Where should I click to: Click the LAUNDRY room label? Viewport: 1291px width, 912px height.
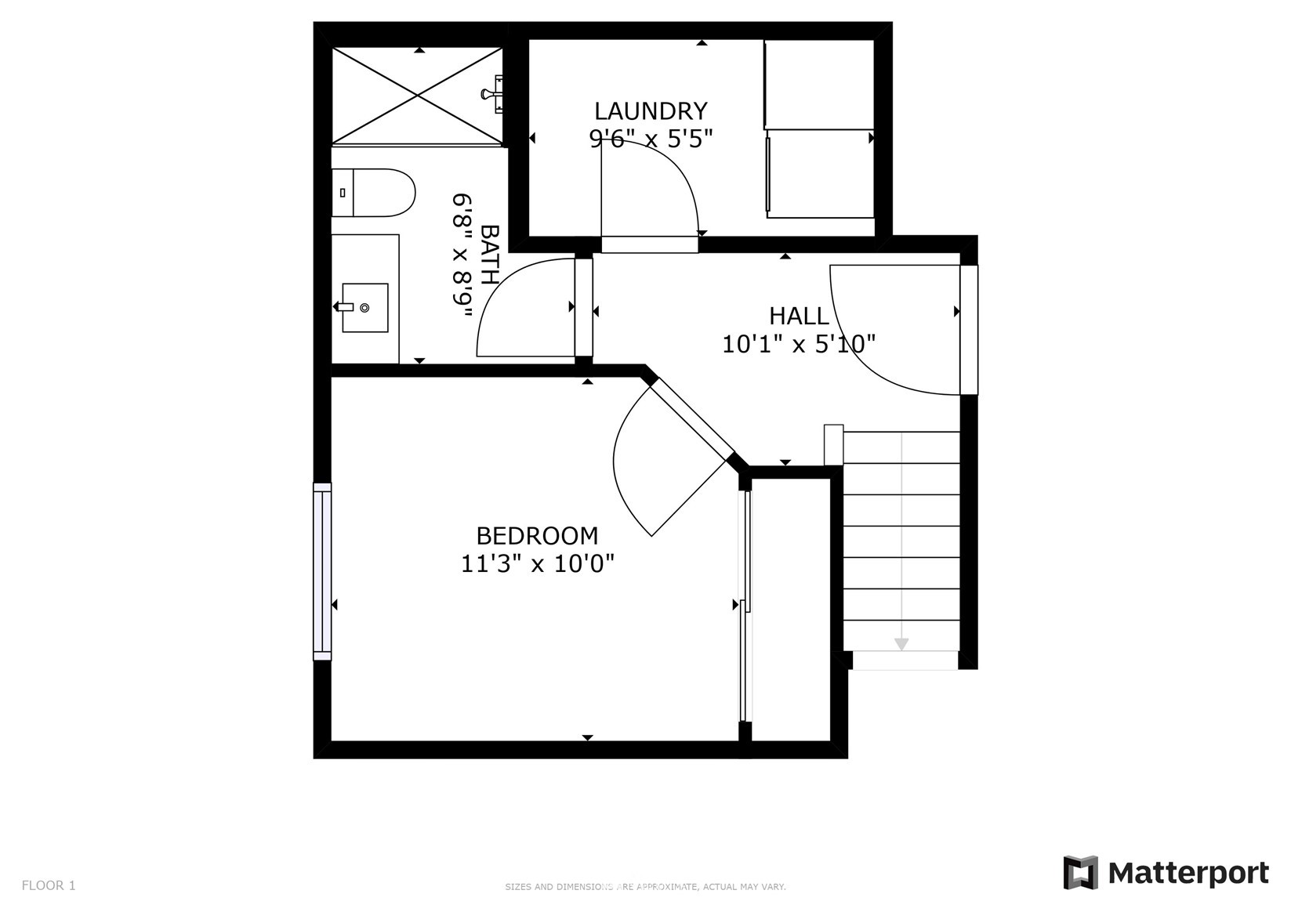click(x=651, y=110)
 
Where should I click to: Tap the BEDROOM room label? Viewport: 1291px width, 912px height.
click(x=537, y=537)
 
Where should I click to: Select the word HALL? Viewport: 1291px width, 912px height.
click(x=799, y=317)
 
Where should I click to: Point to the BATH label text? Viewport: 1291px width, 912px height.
click(x=489, y=255)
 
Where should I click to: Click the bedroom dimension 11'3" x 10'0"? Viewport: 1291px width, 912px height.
click(x=537, y=563)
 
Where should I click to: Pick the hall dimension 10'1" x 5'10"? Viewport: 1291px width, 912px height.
click(x=799, y=344)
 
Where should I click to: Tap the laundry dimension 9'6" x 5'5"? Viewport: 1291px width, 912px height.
click(x=651, y=138)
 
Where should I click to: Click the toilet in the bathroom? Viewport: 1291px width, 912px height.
click(x=373, y=193)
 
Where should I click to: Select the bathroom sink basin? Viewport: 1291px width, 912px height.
click(x=364, y=308)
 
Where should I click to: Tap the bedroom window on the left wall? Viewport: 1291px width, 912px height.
click(x=322, y=571)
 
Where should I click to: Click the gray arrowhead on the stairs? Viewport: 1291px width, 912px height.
click(x=901, y=644)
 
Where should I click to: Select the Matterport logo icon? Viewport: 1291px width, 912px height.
click(x=1081, y=873)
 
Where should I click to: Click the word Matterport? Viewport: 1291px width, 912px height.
click(x=1188, y=874)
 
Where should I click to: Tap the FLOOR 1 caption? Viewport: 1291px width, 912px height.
click(x=49, y=885)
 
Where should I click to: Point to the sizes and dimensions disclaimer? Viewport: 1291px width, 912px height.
click(x=646, y=887)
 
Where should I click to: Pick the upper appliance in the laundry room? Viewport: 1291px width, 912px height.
click(x=819, y=84)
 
